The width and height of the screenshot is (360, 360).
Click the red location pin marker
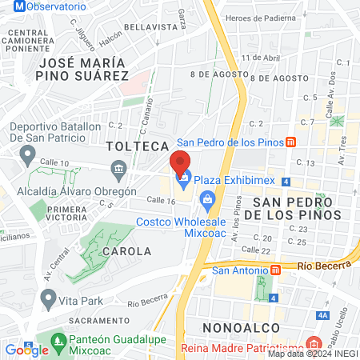(181, 164)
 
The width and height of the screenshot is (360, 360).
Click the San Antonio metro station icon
(275, 270)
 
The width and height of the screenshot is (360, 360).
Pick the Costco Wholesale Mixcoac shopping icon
(206, 199)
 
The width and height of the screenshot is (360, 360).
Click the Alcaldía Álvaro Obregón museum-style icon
(119, 168)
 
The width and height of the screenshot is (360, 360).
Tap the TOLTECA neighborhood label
(138, 146)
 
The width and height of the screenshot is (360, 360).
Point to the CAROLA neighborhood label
(126, 250)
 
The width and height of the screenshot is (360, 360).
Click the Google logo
(26, 350)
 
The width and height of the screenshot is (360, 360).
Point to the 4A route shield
(324, 316)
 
